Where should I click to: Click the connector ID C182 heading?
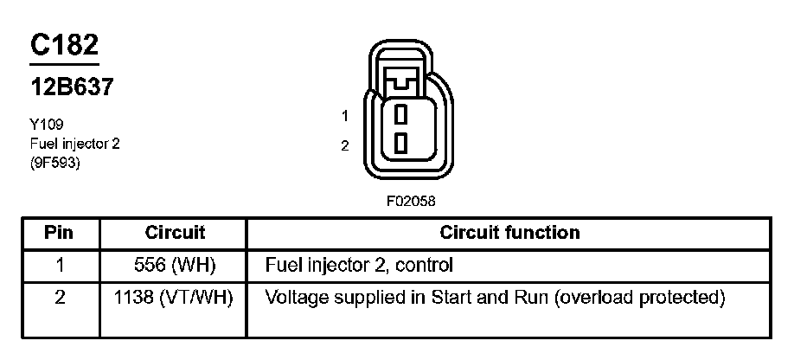click(x=64, y=47)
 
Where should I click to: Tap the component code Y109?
click(x=46, y=125)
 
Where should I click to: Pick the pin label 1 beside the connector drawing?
click(x=344, y=115)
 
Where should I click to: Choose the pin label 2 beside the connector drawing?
click(x=344, y=145)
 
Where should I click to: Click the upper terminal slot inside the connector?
click(x=400, y=114)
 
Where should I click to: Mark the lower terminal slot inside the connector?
click(x=400, y=143)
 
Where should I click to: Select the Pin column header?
click(x=59, y=233)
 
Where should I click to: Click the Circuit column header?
click(x=175, y=233)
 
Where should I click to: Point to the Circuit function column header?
click(x=509, y=233)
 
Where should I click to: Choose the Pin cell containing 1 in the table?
click(x=59, y=264)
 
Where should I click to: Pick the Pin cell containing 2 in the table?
click(x=59, y=299)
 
